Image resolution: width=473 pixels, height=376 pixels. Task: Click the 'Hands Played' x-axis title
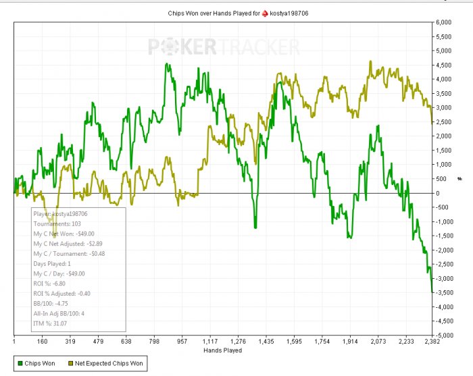coord(222,350)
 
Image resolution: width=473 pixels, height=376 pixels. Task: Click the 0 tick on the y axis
coord(441,193)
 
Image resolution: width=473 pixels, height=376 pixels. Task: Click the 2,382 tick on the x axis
coord(432,342)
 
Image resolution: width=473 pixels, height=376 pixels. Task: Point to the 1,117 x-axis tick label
coord(209,342)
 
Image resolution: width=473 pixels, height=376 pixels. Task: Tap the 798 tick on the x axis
coord(153,342)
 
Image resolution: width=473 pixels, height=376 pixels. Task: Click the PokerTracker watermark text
coord(223,47)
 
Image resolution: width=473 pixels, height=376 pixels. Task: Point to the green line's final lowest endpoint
coord(432,292)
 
